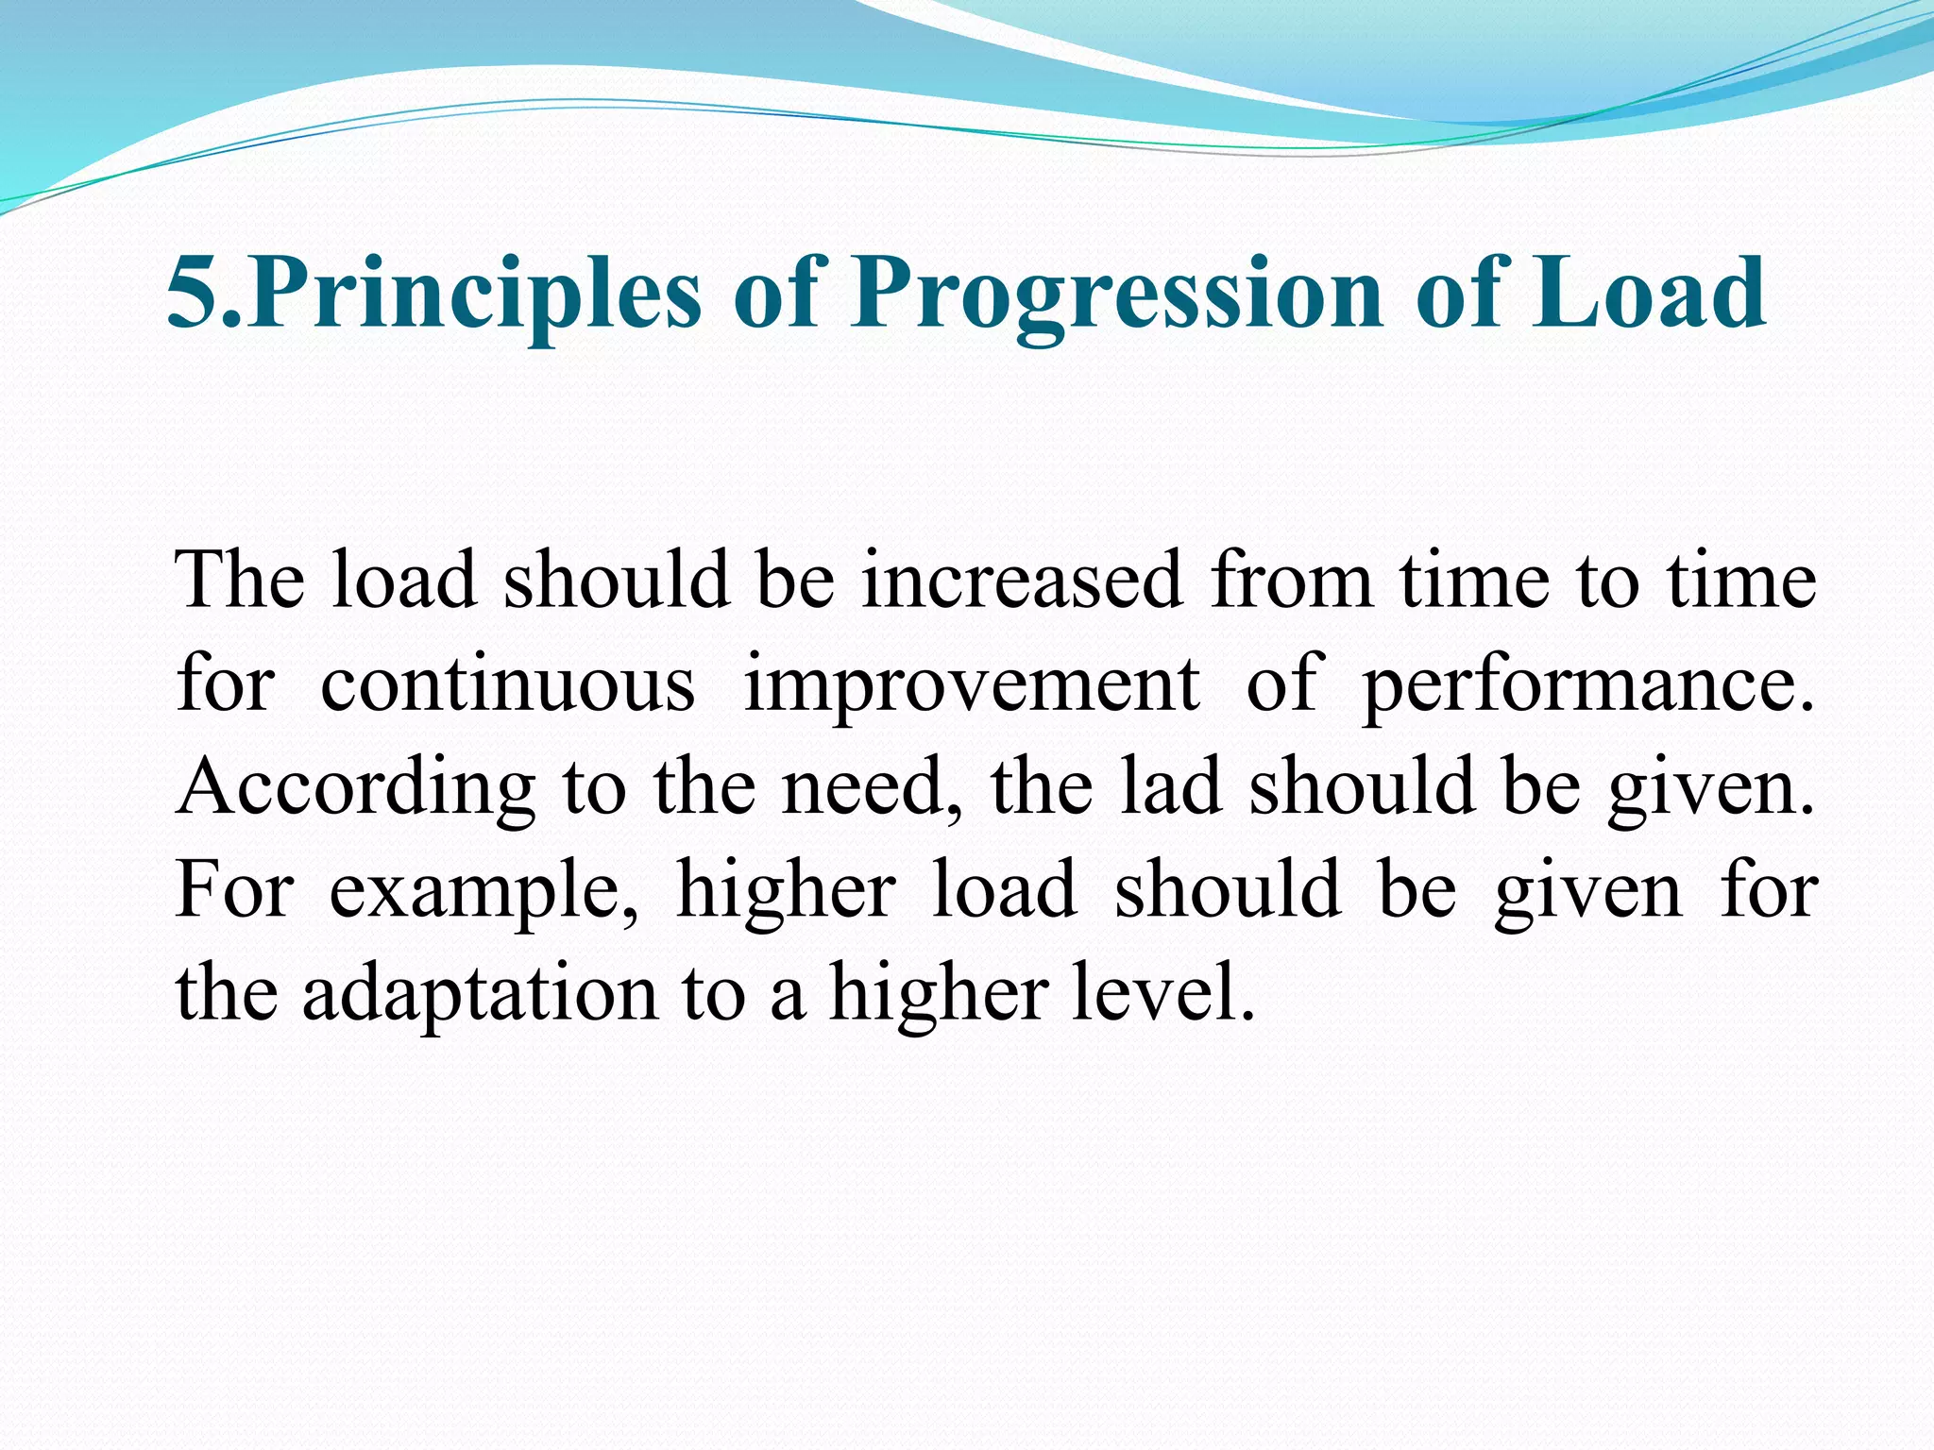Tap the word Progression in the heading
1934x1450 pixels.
1117,295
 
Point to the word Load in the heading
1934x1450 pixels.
1646,295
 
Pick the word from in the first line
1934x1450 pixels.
1292,580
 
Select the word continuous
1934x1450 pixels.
507,683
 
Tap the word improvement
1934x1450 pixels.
972,683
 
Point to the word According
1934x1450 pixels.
356,787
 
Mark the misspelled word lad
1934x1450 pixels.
1171,787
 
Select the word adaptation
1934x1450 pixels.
480,995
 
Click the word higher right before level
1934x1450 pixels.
939,995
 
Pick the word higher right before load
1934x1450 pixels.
786,891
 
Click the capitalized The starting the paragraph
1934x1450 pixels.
240,580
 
